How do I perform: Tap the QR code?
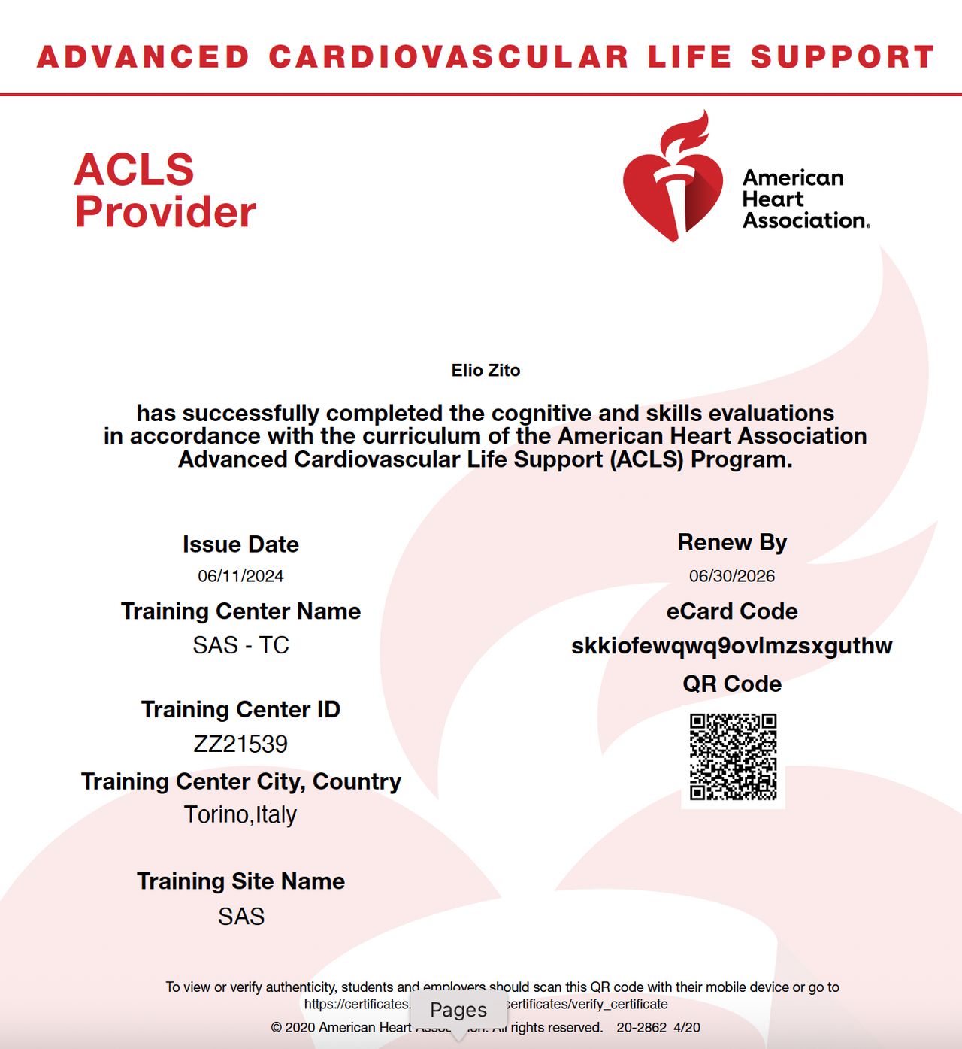click(x=733, y=756)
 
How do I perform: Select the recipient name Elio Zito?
click(x=486, y=371)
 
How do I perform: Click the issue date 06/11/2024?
click(x=240, y=576)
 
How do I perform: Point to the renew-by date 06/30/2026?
click(x=731, y=576)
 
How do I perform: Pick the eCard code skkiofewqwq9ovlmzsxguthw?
click(x=731, y=646)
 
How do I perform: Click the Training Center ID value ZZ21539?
click(x=240, y=744)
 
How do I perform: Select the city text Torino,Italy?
click(x=240, y=815)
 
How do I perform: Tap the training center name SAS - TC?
click(x=240, y=645)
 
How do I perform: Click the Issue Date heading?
click(x=240, y=544)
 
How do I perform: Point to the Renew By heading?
click(x=731, y=542)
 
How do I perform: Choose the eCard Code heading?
click(x=731, y=611)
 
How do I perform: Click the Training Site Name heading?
click(x=240, y=881)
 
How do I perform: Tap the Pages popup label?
click(x=458, y=1010)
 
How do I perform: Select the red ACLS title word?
click(x=135, y=170)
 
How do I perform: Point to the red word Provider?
click(x=165, y=212)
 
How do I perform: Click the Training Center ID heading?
click(x=240, y=710)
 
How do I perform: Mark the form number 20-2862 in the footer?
click(x=641, y=1028)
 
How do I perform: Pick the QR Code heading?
click(x=731, y=684)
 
